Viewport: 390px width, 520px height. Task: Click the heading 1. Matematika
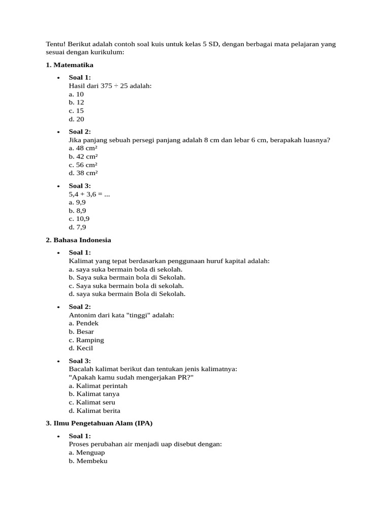[x=70, y=65]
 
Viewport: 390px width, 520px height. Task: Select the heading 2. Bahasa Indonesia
[x=78, y=240]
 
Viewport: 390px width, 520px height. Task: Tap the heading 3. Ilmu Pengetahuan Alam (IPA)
[x=99, y=422]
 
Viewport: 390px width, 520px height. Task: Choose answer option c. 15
[x=76, y=111]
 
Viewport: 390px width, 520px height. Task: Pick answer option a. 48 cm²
[x=83, y=148]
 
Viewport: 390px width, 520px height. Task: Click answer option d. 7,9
[x=77, y=227]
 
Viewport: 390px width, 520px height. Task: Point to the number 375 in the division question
[x=106, y=86]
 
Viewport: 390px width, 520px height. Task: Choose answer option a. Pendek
[x=84, y=323]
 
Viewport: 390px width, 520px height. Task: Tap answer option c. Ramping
[x=86, y=340]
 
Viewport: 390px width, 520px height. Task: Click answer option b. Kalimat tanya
[x=94, y=394]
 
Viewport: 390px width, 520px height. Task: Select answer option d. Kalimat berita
[x=94, y=410]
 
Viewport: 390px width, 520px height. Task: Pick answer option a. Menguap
[x=87, y=452]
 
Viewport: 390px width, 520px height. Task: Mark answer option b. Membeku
[x=88, y=461]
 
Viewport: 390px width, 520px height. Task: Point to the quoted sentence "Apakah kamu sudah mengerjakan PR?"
[x=131, y=377]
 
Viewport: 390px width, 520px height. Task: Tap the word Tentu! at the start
[x=56, y=44]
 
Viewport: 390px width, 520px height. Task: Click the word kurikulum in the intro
[x=108, y=52]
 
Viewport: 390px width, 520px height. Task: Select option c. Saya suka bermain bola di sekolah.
[x=126, y=285]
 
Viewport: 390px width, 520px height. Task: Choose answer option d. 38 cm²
[x=83, y=173]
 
